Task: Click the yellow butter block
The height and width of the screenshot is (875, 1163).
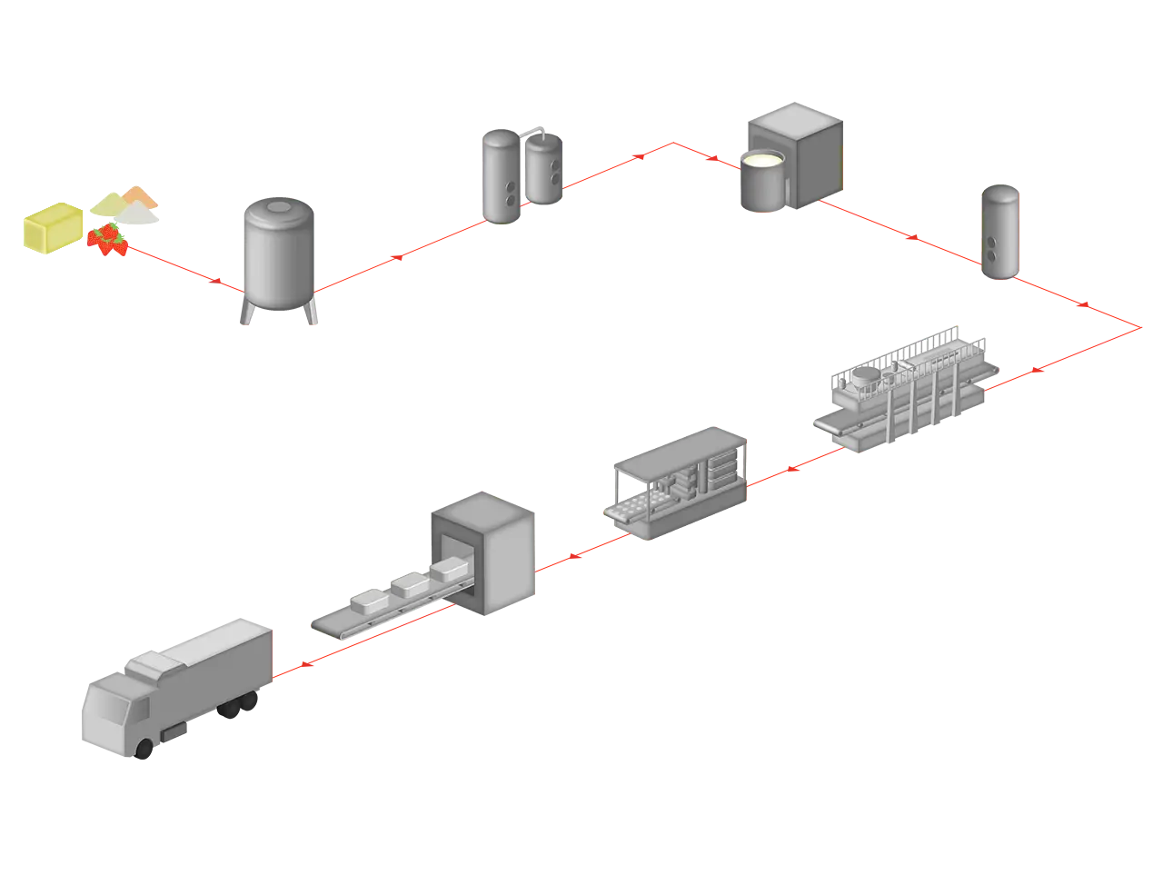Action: [x=54, y=227]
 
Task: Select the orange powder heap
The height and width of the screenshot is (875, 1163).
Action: [x=140, y=195]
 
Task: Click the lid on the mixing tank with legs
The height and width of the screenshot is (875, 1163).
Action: [x=278, y=210]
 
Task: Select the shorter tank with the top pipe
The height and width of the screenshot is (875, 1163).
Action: [x=543, y=167]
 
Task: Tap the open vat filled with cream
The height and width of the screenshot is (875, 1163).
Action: [x=761, y=178]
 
